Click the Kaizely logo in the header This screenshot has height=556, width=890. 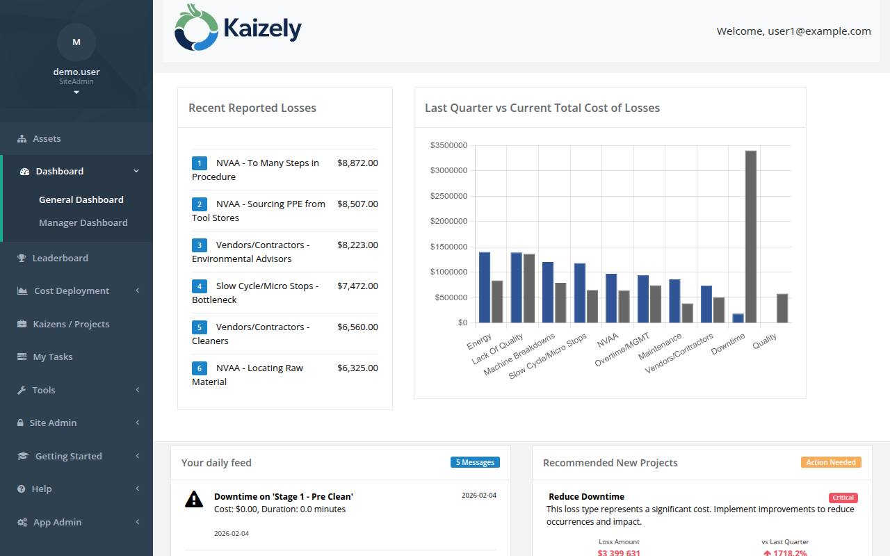tap(238, 28)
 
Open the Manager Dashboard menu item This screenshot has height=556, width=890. tap(83, 222)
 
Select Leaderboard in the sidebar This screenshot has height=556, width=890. tap(60, 258)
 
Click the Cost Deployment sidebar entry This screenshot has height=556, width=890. tap(71, 291)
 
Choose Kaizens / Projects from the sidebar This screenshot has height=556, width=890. tap(71, 324)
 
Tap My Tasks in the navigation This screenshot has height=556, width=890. tap(52, 357)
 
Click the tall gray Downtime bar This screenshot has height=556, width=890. tap(750, 236)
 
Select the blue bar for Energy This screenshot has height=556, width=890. tap(485, 287)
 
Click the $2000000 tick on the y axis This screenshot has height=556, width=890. tap(448, 221)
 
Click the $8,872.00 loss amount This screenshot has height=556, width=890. tap(357, 163)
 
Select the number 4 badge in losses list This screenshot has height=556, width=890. tap(200, 286)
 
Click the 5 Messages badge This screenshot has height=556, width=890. tap(475, 462)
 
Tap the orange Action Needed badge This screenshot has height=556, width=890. tap(831, 462)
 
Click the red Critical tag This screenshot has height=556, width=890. tap(843, 498)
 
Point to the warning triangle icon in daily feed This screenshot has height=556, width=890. tap(194, 499)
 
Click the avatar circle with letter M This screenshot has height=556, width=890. tap(76, 42)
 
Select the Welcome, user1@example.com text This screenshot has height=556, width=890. tap(793, 31)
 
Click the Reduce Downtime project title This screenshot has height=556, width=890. tap(586, 496)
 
